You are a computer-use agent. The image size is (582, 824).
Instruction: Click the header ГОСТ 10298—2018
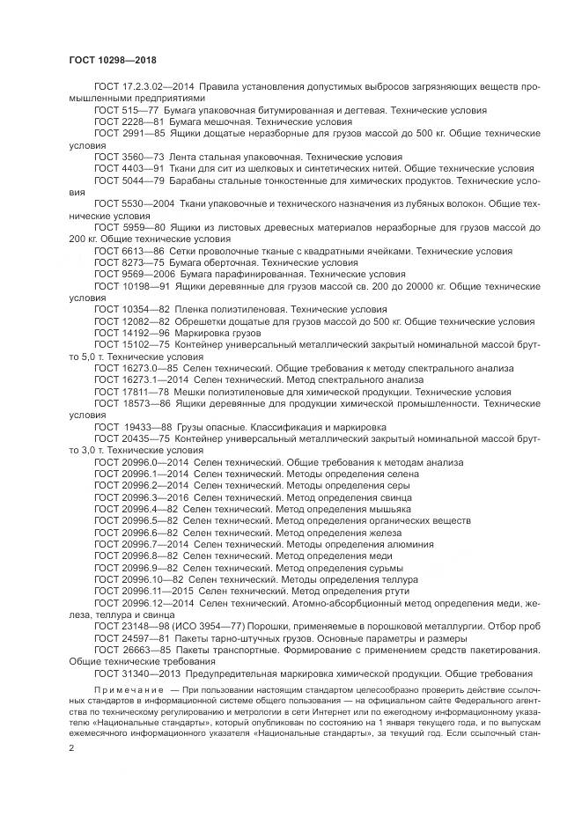(106, 61)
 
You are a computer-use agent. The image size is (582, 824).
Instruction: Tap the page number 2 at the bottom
(71, 747)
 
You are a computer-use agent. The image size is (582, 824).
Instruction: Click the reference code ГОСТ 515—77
(126, 111)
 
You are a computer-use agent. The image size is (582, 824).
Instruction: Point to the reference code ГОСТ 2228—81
(129, 121)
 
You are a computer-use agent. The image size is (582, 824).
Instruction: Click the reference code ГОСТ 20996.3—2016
(140, 497)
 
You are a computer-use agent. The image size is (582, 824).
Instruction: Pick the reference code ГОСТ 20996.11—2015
(143, 591)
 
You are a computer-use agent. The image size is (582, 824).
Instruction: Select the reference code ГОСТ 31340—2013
(136, 673)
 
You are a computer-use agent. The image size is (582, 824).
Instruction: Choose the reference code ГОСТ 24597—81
(129, 637)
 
